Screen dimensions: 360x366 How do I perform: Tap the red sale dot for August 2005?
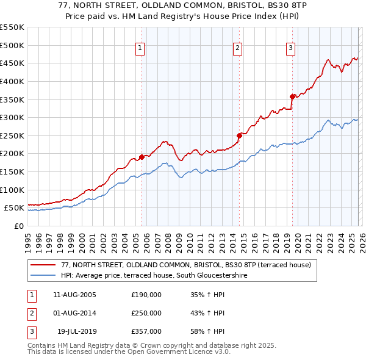pyautogui.click(x=142, y=157)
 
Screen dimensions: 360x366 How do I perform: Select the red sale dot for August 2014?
pyautogui.click(x=240, y=135)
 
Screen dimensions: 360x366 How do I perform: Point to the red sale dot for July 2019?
pyautogui.click(x=293, y=96)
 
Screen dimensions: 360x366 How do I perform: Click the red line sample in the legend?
pyautogui.click(x=43, y=265)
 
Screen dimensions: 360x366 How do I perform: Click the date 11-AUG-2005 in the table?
pyautogui.click(x=75, y=295)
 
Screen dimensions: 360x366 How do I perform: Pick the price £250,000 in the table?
pyautogui.click(x=146, y=313)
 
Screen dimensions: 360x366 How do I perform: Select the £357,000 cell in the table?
pyautogui.click(x=146, y=331)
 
